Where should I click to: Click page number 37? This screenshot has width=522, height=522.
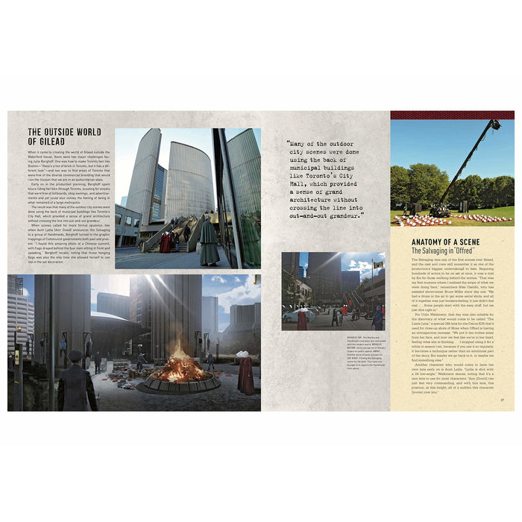click(502, 400)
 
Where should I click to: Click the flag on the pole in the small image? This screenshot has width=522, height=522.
click(379, 263)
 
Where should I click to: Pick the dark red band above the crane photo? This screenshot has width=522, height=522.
click(452, 116)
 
